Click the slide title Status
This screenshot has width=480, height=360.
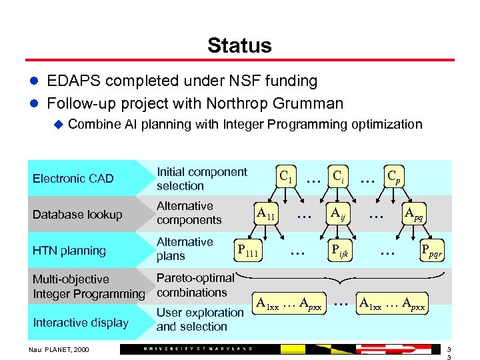click(239, 45)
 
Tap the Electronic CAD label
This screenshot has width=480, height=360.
click(73, 179)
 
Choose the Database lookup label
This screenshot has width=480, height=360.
click(77, 215)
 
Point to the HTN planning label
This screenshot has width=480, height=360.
click(69, 251)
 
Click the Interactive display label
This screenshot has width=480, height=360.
click(80, 323)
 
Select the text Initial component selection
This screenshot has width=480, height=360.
click(201, 179)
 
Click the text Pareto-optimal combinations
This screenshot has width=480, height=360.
click(195, 285)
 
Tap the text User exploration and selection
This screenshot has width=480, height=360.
click(200, 319)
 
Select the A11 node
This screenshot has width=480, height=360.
click(266, 214)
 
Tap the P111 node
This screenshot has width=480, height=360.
click(248, 251)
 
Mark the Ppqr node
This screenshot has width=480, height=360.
click(431, 251)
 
